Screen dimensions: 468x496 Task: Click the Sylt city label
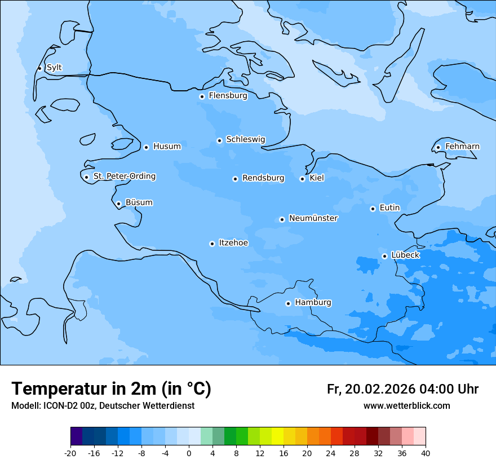(x=54, y=68)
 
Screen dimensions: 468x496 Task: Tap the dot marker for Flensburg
(x=202, y=96)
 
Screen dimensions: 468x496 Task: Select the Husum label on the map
(x=167, y=147)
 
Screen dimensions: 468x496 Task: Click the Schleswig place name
(x=245, y=139)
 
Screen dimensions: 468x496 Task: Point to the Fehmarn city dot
(x=438, y=147)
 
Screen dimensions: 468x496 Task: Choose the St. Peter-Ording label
(x=125, y=176)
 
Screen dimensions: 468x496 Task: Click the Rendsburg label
(x=263, y=178)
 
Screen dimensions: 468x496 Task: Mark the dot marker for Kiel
(x=302, y=179)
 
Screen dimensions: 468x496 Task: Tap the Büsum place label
(x=139, y=202)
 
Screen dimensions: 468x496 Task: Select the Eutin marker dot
(x=373, y=209)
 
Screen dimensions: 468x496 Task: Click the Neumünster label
(x=313, y=218)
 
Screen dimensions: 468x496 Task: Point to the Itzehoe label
(x=233, y=243)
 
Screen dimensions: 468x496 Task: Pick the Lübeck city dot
(x=384, y=256)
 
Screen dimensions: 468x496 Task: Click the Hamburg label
(x=313, y=303)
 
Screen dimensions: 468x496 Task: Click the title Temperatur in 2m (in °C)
(x=111, y=389)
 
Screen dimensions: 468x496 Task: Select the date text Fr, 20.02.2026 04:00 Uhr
(x=402, y=389)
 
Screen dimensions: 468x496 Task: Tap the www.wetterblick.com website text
(x=406, y=406)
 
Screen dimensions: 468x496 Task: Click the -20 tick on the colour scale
(x=70, y=453)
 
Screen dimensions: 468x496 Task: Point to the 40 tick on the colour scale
(x=426, y=453)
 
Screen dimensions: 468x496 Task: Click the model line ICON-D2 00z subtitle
(x=103, y=406)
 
